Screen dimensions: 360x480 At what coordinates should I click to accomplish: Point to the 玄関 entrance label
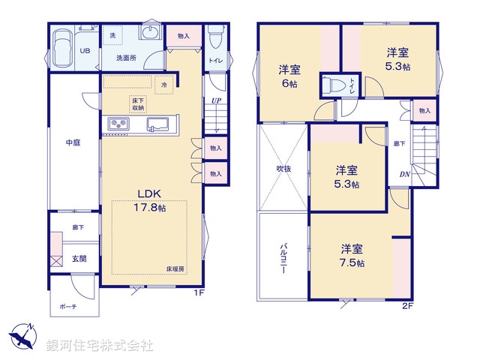tap(78, 259)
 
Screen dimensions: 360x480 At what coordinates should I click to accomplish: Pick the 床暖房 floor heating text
tap(175, 268)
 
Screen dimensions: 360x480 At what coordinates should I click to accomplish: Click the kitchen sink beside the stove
tap(157, 124)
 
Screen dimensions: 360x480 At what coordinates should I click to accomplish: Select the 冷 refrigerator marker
tap(164, 85)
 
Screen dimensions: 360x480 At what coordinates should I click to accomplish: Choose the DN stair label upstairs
tap(404, 175)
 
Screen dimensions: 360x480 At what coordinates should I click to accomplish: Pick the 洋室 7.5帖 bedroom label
tap(352, 256)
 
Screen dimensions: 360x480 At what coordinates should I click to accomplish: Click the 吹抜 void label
tap(282, 169)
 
